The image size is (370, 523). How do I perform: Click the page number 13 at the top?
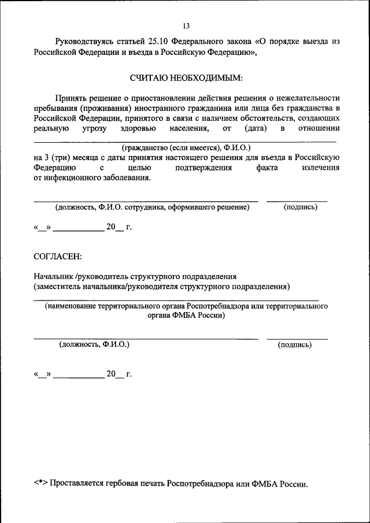(x=186, y=26)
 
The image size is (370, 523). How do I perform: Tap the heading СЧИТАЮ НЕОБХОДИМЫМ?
(x=186, y=77)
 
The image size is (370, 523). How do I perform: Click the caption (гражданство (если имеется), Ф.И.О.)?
(x=186, y=147)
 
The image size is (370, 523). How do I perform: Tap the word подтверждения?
(x=203, y=168)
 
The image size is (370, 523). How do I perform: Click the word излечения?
(x=320, y=168)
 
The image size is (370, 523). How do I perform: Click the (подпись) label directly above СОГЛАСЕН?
(x=300, y=207)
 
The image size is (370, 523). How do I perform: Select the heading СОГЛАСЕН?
(x=58, y=255)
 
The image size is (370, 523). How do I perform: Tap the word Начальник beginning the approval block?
(x=54, y=276)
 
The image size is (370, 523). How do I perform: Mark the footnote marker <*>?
(x=40, y=483)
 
